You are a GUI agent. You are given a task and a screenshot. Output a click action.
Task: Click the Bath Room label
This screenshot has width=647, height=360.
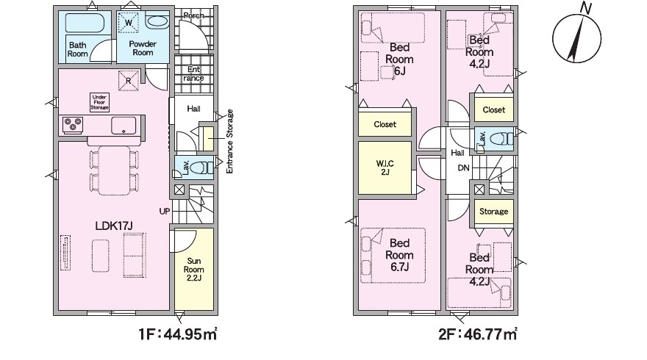[78, 49]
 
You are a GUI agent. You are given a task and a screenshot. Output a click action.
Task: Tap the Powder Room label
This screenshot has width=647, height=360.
[143, 48]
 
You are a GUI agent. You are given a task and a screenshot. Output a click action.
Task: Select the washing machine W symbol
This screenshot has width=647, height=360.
[129, 22]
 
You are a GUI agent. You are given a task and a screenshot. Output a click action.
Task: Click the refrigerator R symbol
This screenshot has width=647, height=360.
[129, 80]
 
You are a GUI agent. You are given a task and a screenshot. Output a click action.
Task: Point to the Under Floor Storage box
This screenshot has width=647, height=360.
[99, 102]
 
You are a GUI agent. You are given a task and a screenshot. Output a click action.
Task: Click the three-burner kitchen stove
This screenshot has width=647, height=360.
[73, 125]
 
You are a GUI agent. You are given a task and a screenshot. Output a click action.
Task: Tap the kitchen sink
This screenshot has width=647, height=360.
[124, 126]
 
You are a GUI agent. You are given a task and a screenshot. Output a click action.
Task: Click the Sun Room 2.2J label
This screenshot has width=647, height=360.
[193, 270]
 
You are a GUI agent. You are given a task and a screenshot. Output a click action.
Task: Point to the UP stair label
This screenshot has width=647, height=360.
[165, 211]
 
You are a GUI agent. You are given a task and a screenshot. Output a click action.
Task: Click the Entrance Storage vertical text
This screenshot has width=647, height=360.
[230, 141]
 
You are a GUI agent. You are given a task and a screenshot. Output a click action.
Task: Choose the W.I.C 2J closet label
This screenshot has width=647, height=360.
[385, 168]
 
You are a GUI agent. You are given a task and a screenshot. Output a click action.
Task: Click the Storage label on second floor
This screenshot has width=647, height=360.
[493, 212]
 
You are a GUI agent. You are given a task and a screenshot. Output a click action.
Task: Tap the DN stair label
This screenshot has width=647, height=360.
[463, 168]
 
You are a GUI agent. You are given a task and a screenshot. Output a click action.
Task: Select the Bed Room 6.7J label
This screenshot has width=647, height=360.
[399, 255]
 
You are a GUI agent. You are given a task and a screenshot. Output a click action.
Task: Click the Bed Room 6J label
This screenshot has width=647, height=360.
[399, 60]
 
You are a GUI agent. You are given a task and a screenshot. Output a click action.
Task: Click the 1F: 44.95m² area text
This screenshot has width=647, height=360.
[178, 334]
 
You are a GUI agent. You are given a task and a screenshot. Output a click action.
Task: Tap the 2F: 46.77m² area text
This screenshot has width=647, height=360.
[477, 334]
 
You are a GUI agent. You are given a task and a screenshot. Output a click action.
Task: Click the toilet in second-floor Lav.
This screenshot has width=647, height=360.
[503, 139]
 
